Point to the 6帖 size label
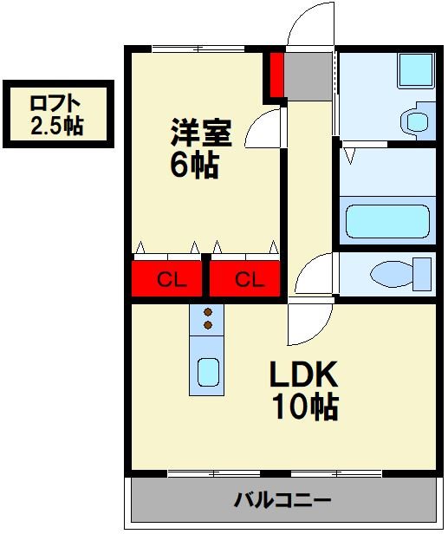pyautogui.click(x=192, y=165)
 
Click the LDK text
pyautogui.click(x=302, y=374)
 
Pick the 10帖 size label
pyautogui.click(x=303, y=407)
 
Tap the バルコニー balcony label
pyautogui.click(x=282, y=500)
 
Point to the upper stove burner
pyautogui.click(x=207, y=312)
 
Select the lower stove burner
pyautogui.click(x=207, y=325)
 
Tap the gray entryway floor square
pyautogui.click(x=308, y=75)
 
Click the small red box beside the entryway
pyautogui.click(x=276, y=75)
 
